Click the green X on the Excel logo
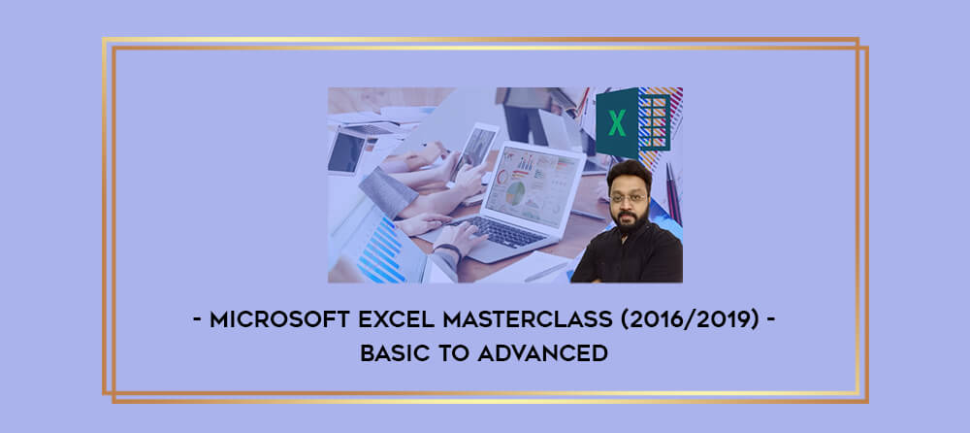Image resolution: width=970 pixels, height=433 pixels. pos(617,122)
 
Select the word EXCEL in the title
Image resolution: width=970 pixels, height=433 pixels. pos(401,319)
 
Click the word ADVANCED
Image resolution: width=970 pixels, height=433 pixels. pos(542,353)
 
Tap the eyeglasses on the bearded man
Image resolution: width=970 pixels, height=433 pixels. pos(628,198)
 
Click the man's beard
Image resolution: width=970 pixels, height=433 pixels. pos(630,218)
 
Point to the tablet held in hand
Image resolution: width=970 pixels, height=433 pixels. pos(474,151)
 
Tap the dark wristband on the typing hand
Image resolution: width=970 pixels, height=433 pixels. pos(447,249)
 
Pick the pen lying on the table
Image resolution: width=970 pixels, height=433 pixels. pos(545,272)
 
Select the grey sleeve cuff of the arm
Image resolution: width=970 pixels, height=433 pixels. pos(388,192)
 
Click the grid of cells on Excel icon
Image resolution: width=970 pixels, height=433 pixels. pos(654,122)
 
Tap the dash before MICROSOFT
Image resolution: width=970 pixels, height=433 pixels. pos(197,320)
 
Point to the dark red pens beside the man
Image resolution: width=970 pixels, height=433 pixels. pos(673,193)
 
